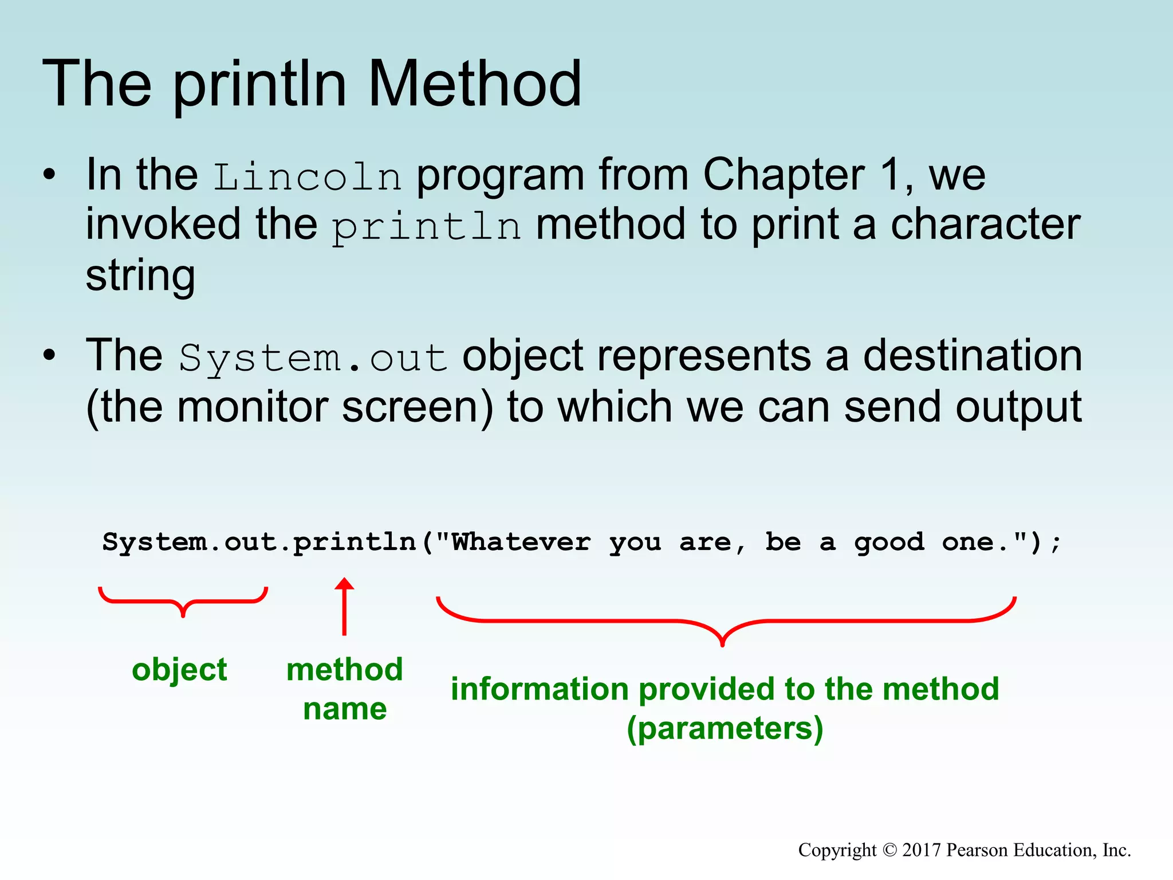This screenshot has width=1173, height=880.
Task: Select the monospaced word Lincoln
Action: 308,177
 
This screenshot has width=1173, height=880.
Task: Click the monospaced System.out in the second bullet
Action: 313,359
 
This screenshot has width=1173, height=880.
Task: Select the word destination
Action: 973,356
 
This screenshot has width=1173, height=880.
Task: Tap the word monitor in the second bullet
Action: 252,407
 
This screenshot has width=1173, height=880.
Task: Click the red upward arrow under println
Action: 344,607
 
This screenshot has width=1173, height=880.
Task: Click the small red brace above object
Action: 183,602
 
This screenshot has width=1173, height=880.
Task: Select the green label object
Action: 179,670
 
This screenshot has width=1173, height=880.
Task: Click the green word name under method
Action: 345,709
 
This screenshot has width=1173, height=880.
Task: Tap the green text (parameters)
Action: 725,729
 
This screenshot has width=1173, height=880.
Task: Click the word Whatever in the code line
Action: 521,542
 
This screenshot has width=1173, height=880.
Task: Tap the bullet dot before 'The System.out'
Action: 50,356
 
